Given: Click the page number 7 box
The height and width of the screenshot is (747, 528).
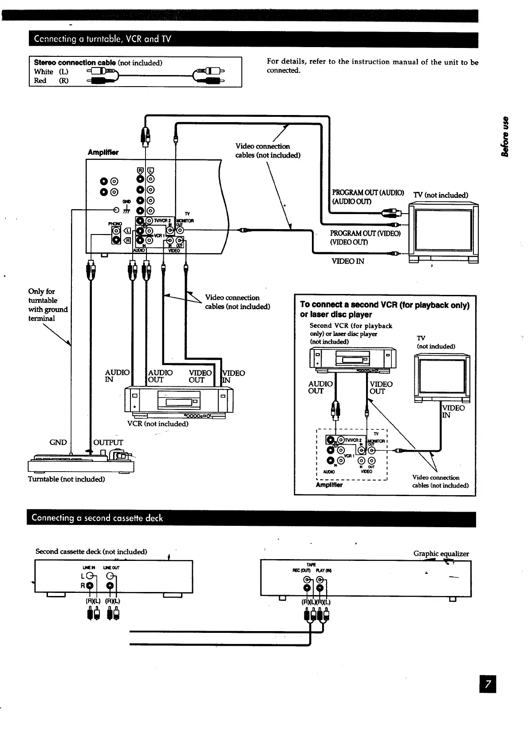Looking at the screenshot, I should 487,683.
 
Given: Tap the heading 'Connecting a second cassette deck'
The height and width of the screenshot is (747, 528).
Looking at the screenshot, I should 97,518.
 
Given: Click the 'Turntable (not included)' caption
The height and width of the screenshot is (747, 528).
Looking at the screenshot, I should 66,479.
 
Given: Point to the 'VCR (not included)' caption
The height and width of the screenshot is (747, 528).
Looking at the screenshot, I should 158,424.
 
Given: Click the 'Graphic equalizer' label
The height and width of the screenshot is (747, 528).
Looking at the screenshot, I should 441,553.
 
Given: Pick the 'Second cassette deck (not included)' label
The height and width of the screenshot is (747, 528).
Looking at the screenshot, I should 91,552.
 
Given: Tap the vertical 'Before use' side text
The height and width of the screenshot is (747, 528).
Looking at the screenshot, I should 504,136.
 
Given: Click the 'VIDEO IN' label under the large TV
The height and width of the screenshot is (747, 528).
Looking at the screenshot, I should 348,261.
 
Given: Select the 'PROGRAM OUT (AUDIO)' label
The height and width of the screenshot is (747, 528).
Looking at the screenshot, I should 368,192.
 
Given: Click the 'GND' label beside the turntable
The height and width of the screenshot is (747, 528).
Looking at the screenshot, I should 58,442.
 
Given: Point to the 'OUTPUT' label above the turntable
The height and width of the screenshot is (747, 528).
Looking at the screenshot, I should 108,442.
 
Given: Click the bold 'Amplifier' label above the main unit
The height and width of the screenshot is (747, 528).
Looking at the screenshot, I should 103,152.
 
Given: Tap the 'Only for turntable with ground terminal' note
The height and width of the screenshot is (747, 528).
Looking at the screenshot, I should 47,305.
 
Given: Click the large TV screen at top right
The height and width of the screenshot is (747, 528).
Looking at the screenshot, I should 443,230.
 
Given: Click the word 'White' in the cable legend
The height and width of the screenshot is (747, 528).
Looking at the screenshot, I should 43,72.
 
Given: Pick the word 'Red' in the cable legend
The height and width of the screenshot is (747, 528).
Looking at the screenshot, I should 40,80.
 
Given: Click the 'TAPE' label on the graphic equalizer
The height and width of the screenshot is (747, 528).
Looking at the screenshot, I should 314,564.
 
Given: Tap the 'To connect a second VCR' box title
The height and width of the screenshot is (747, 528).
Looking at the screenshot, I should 384,309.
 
